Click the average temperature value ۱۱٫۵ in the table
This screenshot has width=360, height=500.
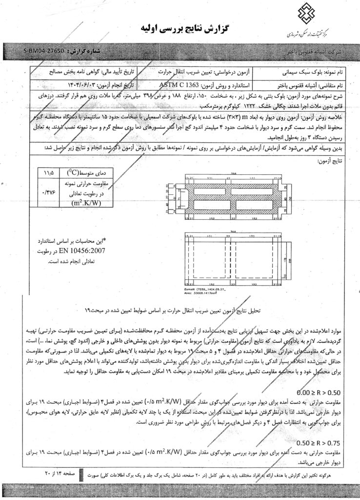[49, 173]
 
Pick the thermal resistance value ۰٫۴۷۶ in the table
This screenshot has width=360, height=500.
[49, 193]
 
